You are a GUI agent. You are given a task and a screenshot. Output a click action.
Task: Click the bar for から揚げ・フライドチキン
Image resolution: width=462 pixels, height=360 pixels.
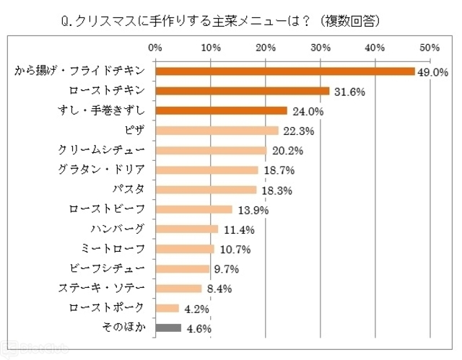285,71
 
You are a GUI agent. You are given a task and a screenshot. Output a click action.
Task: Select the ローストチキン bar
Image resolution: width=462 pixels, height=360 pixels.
243,91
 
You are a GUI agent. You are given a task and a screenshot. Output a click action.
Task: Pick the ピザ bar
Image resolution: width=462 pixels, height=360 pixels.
217,131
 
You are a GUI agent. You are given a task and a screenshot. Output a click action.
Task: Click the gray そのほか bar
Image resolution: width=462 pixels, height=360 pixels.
168,328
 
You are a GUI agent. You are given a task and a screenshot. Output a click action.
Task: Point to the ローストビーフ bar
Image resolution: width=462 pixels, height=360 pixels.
193,209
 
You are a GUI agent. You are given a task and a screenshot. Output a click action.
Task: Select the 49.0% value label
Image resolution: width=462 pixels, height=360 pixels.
433,72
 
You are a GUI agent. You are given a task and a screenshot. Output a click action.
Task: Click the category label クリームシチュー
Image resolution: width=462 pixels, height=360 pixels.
103,150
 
